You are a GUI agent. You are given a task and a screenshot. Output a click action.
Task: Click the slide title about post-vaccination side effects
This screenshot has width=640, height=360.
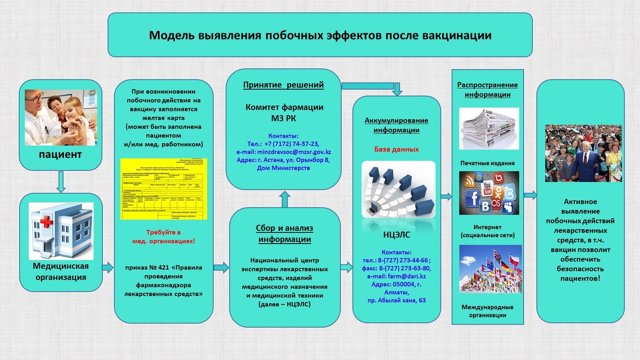pyautogui.click(x=320, y=35)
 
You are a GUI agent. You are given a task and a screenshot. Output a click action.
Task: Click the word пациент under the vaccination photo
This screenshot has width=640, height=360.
pyautogui.click(x=60, y=154)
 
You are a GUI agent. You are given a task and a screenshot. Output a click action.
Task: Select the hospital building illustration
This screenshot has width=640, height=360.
pyautogui.click(x=61, y=231)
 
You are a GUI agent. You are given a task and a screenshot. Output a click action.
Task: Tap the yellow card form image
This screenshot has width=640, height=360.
pyautogui.click(x=163, y=189)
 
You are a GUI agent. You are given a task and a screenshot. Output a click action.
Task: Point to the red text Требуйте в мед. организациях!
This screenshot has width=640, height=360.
pyautogui.click(x=163, y=237)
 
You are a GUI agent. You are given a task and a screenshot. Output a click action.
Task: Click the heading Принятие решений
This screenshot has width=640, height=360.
pyautogui.click(x=283, y=85)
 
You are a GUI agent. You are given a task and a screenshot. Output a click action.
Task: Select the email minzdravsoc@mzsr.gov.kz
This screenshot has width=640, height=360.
pyautogui.click(x=294, y=152)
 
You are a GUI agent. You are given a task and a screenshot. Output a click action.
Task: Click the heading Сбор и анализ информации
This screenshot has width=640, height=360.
pyautogui.click(x=285, y=234)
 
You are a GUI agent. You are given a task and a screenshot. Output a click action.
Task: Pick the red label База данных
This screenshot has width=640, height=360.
pyautogui.click(x=396, y=149)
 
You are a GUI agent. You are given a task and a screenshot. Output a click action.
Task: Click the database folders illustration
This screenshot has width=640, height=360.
pyautogui.click(x=399, y=189)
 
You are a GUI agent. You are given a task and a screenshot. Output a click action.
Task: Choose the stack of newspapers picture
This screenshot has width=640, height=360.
pyautogui.click(x=489, y=128)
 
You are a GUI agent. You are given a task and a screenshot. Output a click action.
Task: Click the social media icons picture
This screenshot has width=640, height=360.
pyautogui.click(x=489, y=193)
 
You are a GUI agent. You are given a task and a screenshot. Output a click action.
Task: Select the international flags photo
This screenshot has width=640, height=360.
pyautogui.click(x=490, y=269)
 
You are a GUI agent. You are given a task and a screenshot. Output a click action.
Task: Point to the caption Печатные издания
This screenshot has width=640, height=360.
pyautogui.click(x=487, y=163)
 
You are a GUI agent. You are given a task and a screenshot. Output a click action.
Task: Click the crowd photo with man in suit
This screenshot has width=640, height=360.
pyautogui.click(x=583, y=153)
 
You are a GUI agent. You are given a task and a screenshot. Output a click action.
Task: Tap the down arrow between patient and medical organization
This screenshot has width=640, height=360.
pyautogui.click(x=61, y=181)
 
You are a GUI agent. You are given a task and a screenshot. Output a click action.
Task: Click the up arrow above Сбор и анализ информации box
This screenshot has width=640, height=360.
pyautogui.click(x=285, y=199)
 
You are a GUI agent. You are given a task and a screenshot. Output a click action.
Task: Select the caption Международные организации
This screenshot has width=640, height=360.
pyautogui.click(x=487, y=311)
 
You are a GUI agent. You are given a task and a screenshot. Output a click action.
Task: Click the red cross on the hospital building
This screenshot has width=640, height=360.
pyautogui.click(x=46, y=222)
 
